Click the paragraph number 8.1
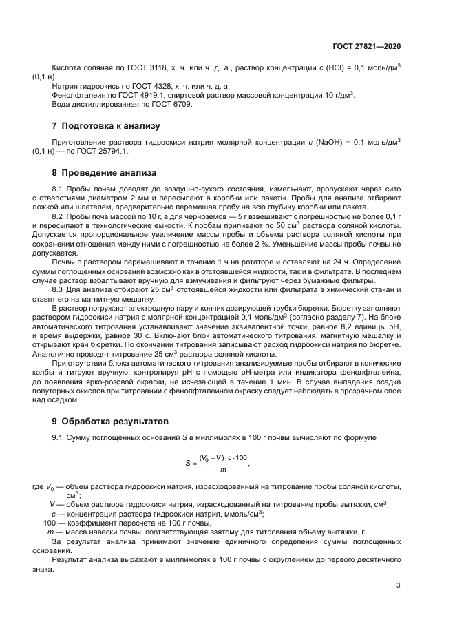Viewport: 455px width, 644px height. (x=59, y=189)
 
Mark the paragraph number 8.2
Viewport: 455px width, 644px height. (x=59, y=216)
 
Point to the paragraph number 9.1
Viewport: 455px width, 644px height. (x=59, y=438)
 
